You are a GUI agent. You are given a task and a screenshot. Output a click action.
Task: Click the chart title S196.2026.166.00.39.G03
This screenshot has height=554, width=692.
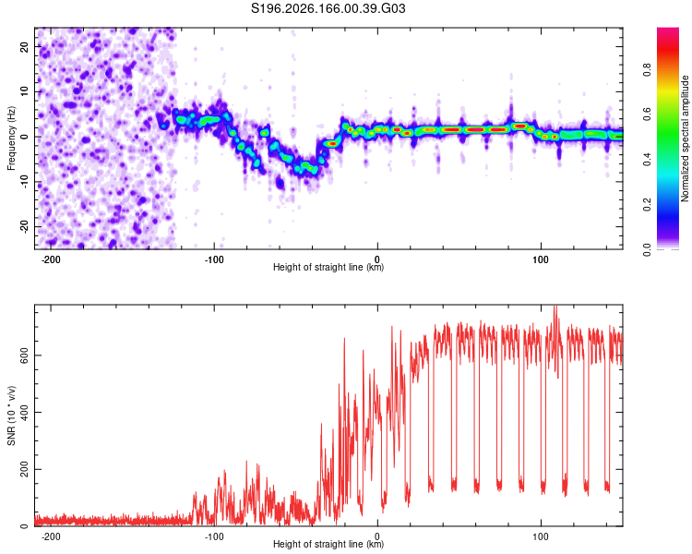tap(328, 8)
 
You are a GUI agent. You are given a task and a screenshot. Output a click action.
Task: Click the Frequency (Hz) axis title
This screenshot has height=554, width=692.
tap(11, 138)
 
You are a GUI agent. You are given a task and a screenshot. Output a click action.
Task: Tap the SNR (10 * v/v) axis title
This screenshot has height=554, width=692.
tap(11, 415)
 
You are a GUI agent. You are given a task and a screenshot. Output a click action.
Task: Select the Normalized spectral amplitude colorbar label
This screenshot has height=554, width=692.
tap(685, 138)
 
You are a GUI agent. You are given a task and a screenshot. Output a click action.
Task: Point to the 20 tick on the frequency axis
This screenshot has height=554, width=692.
tap(25, 46)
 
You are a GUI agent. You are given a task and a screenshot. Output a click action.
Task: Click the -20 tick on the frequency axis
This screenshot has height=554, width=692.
tap(25, 227)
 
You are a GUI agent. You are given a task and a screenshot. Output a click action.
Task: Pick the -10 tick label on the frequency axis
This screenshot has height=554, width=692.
tap(25, 182)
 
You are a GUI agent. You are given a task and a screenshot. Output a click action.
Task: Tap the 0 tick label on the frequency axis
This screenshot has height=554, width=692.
tap(25, 137)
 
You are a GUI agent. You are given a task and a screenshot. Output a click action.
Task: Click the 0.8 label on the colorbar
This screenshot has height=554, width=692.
tap(647, 70)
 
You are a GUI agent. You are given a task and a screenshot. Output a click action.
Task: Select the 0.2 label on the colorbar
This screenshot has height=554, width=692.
tap(647, 205)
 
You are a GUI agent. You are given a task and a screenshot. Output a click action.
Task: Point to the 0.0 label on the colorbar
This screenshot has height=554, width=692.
tap(647, 249)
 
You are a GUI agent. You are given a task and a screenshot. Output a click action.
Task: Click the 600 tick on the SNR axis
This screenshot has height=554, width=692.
tap(25, 355)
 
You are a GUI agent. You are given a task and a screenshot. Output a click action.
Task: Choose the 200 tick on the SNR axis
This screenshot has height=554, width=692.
tap(25, 469)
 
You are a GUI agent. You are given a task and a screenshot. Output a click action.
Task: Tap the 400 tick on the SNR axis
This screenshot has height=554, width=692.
tap(25, 412)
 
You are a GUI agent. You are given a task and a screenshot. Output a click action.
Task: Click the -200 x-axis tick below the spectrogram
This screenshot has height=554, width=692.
tap(51, 259)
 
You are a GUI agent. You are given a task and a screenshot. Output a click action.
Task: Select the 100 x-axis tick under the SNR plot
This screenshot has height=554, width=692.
tap(541, 536)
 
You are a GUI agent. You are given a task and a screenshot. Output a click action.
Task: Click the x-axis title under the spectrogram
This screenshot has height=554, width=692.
tap(328, 267)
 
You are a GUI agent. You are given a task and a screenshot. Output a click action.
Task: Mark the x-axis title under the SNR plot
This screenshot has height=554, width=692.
tap(328, 544)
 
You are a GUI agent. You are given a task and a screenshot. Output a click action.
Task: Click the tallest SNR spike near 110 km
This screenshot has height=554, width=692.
tap(555, 307)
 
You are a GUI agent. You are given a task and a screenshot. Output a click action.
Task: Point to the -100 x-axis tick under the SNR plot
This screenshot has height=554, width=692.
tap(214, 536)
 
